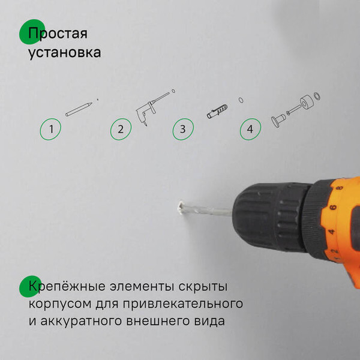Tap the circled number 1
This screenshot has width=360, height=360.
tap(52, 128)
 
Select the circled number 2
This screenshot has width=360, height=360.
tap(121, 128)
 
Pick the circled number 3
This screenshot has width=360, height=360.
tap(183, 128)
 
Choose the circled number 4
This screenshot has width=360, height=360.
tap(251, 128)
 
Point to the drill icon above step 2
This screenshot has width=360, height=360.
tap(149, 108)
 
